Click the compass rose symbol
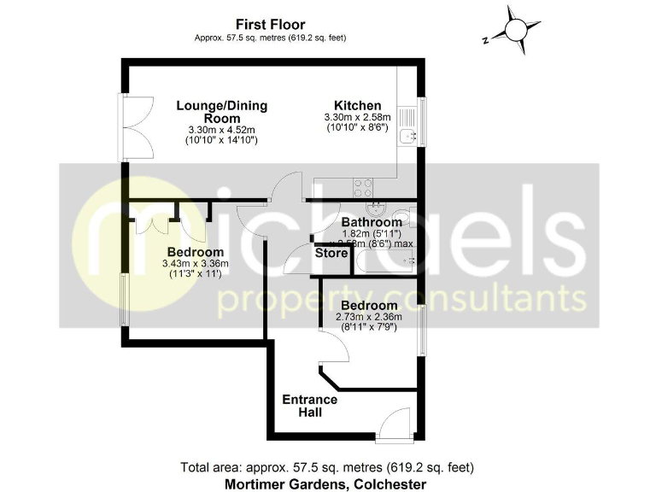(x=516, y=30)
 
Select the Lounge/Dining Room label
(x=222, y=112)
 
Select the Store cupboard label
(x=331, y=253)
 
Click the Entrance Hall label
(x=309, y=406)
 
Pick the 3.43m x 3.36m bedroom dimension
(x=196, y=264)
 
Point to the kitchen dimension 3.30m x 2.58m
(x=357, y=117)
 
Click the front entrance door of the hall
(x=396, y=427)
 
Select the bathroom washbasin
(x=375, y=209)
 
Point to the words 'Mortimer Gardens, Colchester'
(x=327, y=483)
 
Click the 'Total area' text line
(x=327, y=467)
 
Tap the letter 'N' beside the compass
(x=483, y=38)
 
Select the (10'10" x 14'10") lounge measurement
(x=222, y=139)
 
